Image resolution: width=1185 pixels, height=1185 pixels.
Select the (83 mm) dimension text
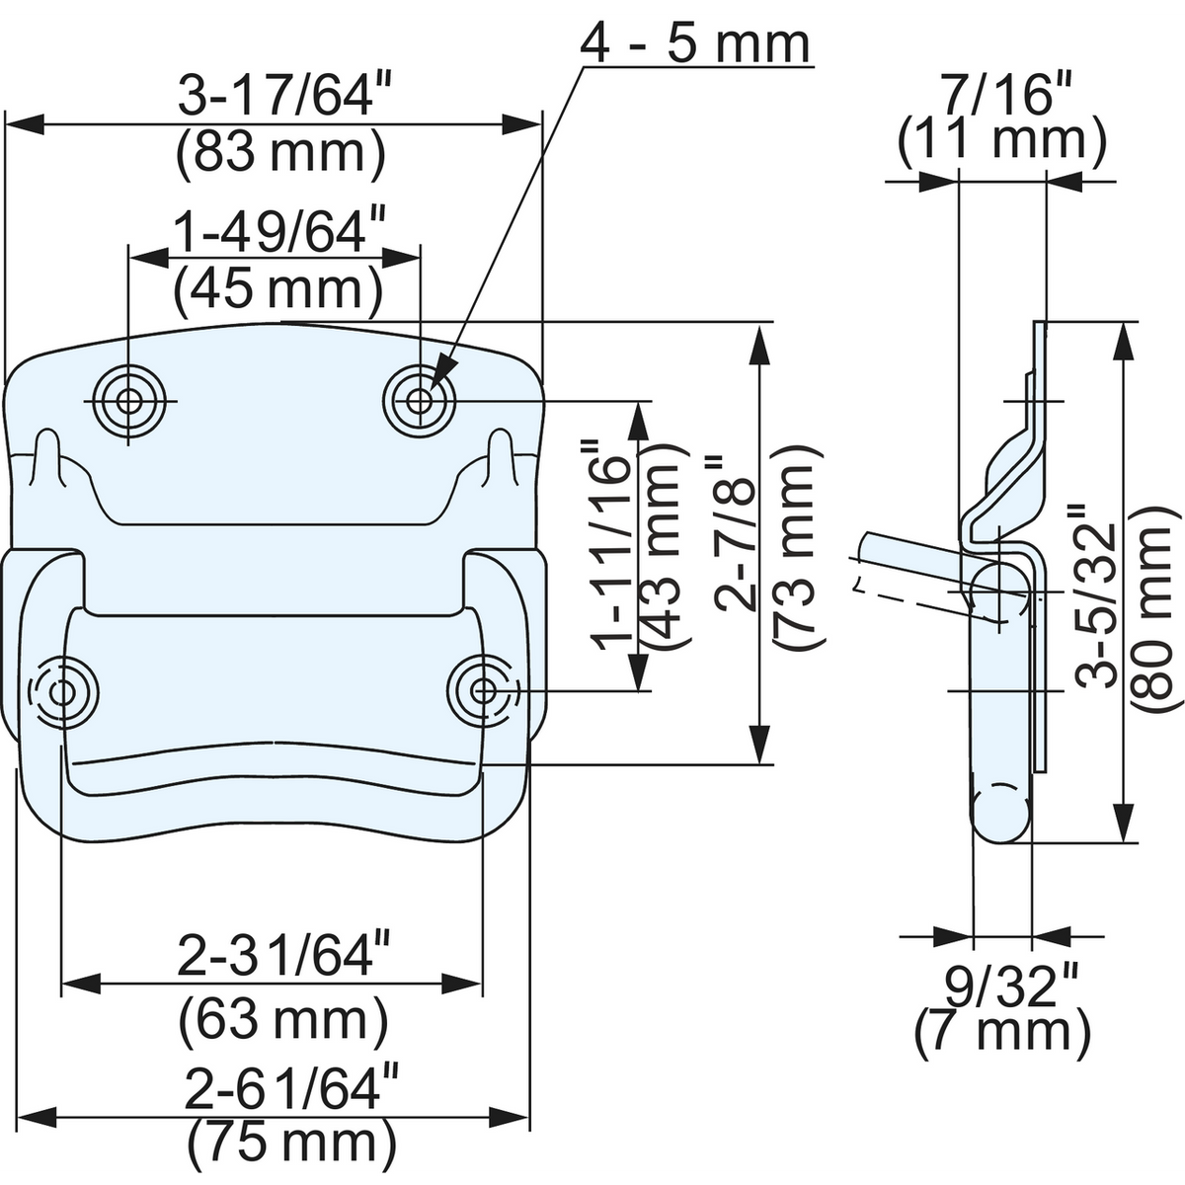[280, 154]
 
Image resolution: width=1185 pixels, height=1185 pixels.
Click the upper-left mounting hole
[128, 401]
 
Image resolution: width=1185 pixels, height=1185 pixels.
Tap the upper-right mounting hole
[420, 401]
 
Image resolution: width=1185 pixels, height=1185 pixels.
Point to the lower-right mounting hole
[483, 691]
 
